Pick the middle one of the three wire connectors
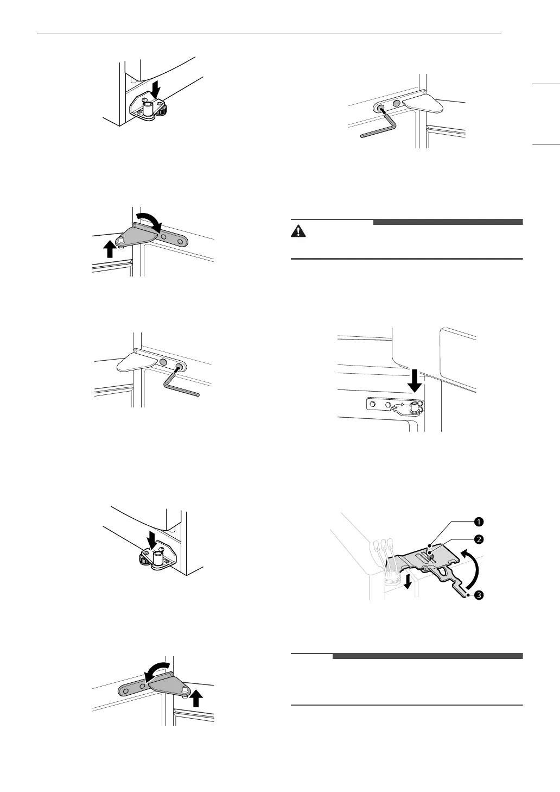click(x=382, y=545)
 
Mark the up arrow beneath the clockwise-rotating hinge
click(x=110, y=248)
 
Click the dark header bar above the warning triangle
click(x=448, y=222)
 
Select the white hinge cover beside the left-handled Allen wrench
click(x=426, y=101)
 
